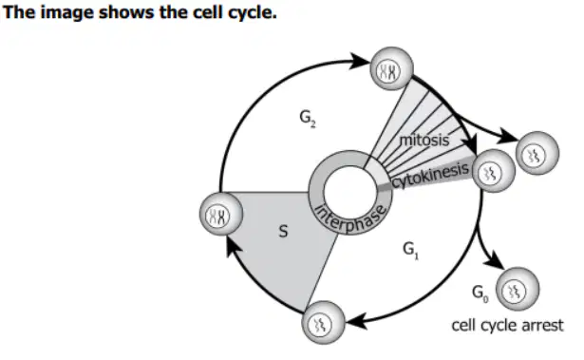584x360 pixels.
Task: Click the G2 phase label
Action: pos(308,119)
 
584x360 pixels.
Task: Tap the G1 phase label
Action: pos(410,250)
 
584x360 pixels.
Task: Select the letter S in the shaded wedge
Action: pos(283,232)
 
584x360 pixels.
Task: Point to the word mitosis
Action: pos(424,141)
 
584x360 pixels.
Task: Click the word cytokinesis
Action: pos(430,176)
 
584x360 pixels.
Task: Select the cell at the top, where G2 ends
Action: pos(391,68)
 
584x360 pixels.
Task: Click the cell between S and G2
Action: pos(221,215)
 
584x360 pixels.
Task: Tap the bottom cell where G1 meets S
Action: pos(323,323)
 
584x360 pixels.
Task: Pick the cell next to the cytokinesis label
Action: pos(494,171)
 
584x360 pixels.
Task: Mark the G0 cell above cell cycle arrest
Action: pos(518,289)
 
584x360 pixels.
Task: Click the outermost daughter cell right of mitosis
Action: pos(537,153)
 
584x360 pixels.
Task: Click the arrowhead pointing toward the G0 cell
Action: pos(495,259)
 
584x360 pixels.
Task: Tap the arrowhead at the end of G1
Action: pos(356,321)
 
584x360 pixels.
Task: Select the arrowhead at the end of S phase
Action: pos(234,248)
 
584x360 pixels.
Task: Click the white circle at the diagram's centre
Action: pos(350,192)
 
